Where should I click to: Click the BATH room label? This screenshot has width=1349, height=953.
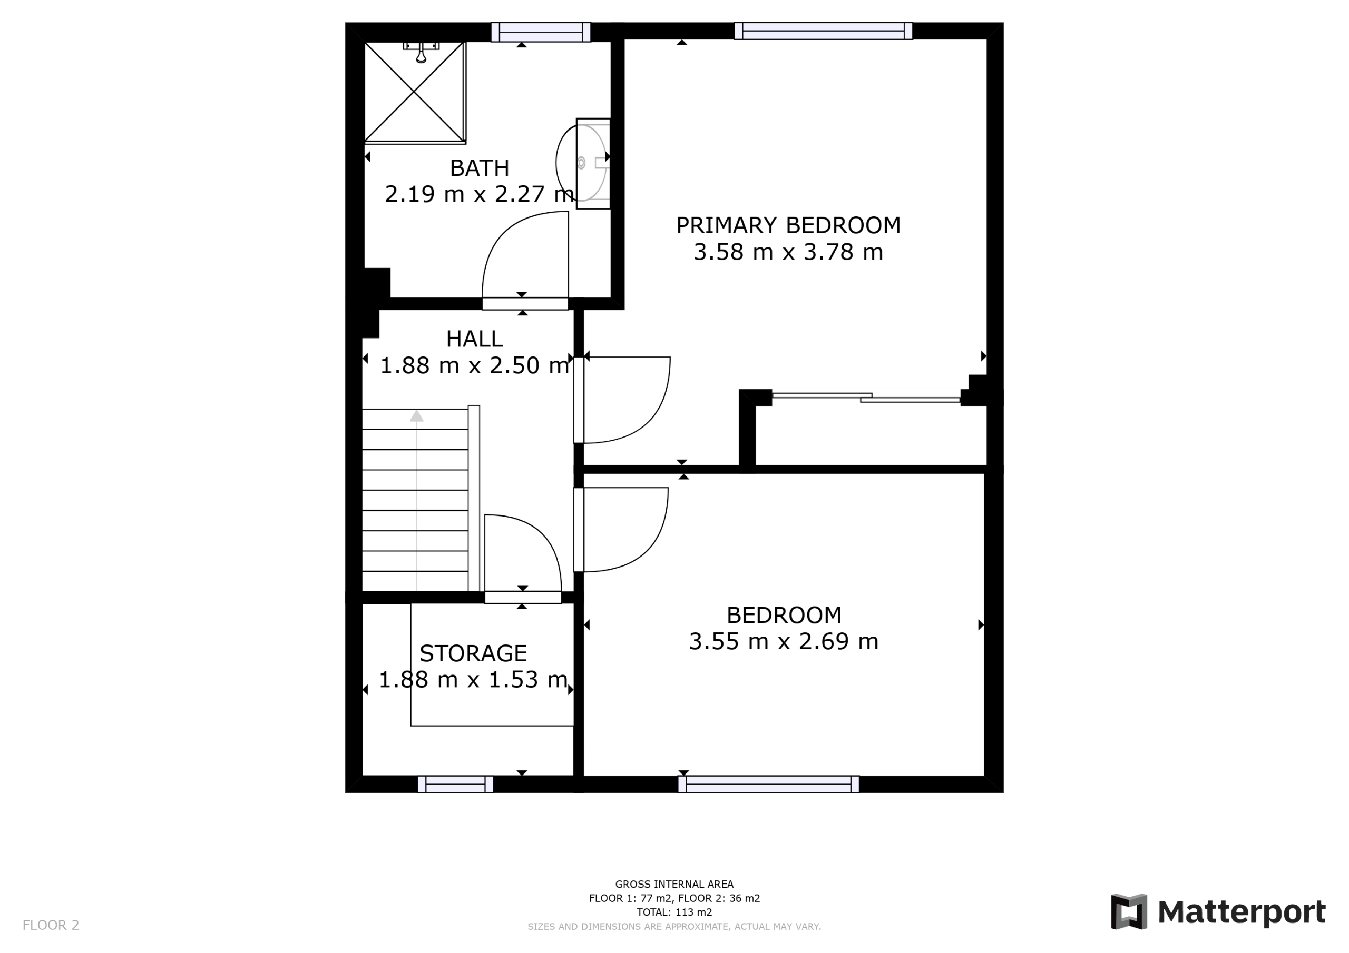480,168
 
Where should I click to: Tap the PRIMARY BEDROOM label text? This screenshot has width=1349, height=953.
788,225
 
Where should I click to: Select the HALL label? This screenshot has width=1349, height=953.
474,339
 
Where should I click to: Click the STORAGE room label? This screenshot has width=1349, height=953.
473,653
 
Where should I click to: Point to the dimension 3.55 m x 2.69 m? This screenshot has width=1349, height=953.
783,641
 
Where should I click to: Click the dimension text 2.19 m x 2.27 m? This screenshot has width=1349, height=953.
480,194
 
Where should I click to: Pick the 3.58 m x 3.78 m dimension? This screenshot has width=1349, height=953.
788,252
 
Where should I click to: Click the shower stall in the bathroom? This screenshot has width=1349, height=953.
415,92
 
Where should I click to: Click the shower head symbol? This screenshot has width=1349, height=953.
421,52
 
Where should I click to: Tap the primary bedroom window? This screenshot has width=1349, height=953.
823,31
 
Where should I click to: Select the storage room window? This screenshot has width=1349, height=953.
455,784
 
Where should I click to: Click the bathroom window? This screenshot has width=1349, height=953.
541,32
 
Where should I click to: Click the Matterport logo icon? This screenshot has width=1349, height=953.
1129,911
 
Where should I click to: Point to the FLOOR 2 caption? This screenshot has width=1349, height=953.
51,925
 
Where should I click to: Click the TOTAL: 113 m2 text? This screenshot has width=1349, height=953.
674,912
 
